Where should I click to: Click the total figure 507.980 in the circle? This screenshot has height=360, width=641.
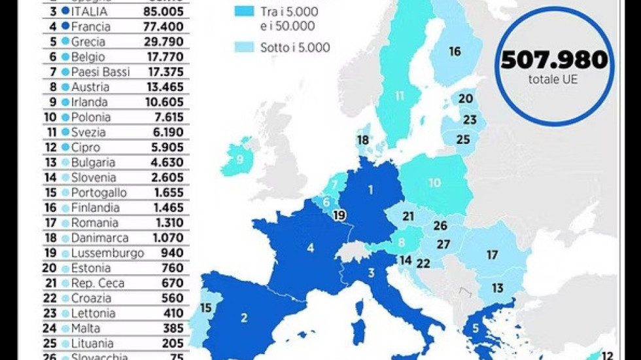pyautogui.click(x=554, y=60)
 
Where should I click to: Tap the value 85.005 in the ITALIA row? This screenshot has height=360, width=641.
pyautogui.click(x=163, y=11)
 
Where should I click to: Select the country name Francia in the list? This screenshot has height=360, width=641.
pyautogui.click(x=92, y=27)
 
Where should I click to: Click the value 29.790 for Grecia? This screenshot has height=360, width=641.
pyautogui.click(x=163, y=42)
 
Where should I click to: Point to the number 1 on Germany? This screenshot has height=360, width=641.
pyautogui.click(x=370, y=190)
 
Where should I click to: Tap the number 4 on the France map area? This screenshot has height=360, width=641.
pyautogui.click(x=311, y=248)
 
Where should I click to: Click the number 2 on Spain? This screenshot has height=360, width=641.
pyautogui.click(x=244, y=318)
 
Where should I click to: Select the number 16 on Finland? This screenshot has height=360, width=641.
pyautogui.click(x=455, y=52)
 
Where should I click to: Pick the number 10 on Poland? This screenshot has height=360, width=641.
pyautogui.click(x=435, y=183)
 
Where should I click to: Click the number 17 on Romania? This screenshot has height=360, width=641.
pyautogui.click(x=492, y=255)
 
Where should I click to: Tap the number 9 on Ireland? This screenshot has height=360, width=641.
pyautogui.click(x=240, y=158)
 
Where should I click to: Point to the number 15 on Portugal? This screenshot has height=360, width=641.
pyautogui.click(x=206, y=308)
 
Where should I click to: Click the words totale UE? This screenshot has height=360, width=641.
pyautogui.click(x=554, y=81)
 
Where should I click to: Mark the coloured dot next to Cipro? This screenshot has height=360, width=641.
pyautogui.click(x=65, y=148)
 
